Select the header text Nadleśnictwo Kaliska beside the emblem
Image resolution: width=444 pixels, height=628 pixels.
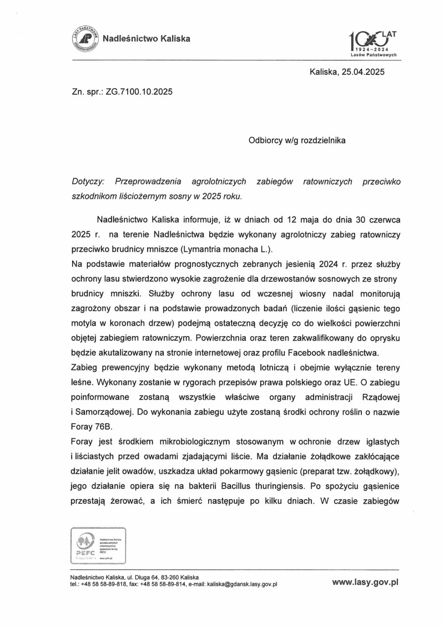[x=147, y=39]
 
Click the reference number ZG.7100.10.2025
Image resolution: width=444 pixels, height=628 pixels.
[x=137, y=92]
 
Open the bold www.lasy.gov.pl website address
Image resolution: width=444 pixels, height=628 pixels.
[x=366, y=583]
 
